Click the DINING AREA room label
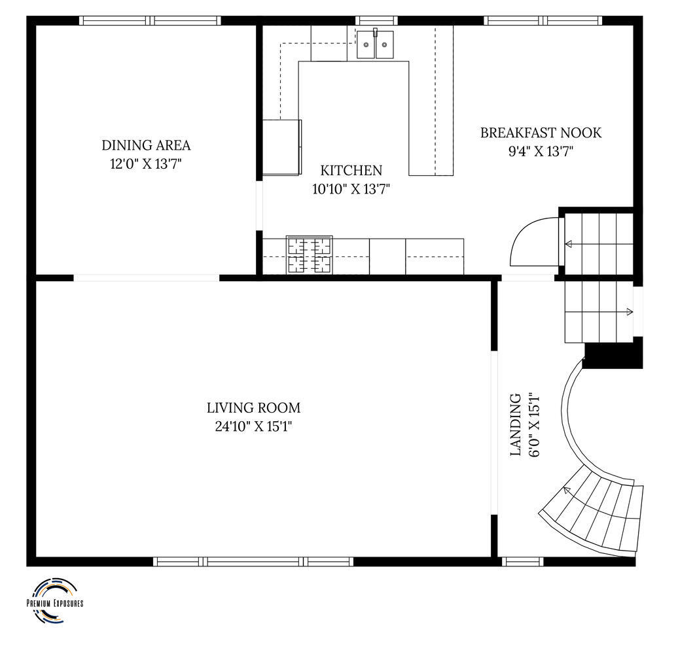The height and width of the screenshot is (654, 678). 146,145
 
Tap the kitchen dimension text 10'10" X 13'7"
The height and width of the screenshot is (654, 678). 351,189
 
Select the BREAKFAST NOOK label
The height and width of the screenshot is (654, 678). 541,133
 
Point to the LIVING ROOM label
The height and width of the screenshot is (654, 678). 253,408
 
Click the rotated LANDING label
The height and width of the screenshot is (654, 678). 516,424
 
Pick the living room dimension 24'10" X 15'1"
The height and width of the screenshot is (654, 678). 254,427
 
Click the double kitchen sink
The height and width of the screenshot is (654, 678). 375,44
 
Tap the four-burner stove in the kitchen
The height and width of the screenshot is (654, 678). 309,255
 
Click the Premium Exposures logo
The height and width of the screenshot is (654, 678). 55,601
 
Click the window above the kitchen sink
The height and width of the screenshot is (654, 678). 376,20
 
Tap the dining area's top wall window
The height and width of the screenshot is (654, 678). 150,20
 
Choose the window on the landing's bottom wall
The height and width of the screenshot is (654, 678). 522,562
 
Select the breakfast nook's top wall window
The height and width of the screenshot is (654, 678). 543,20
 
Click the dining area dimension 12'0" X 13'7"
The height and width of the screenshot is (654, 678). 146,164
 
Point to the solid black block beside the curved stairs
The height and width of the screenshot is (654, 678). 613,353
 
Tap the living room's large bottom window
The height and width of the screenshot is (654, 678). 253,562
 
